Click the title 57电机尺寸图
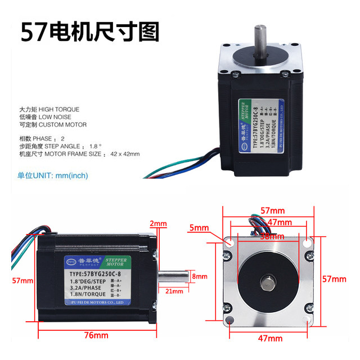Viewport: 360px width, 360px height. tap(91, 32)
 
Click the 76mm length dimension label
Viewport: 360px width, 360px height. tap(97, 335)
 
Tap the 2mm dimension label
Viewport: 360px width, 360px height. tap(159, 223)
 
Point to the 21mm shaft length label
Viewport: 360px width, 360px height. tap(174, 291)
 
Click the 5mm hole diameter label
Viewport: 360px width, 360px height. tap(200, 228)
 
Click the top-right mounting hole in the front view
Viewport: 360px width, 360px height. tap(307, 242)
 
